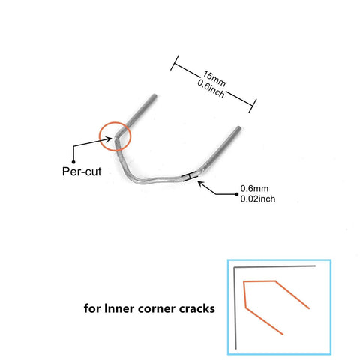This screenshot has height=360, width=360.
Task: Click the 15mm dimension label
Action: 214,78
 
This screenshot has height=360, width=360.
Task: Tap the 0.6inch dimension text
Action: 211,88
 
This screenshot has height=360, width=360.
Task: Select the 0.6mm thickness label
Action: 254,188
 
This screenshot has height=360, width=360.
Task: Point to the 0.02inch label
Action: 258,199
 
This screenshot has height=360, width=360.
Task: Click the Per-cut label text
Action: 82,172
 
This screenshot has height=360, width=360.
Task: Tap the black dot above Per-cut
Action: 73,162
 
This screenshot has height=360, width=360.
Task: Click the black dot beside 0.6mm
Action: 237,194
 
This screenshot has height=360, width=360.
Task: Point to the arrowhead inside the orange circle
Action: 109,139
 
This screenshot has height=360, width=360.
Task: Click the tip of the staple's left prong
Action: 155,95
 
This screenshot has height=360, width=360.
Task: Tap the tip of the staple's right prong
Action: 239,127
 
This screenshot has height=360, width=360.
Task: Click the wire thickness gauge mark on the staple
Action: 190,176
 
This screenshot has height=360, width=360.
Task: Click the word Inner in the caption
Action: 119,308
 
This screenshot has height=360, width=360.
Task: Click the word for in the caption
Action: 92,308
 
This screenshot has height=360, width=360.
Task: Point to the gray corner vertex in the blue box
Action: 235,268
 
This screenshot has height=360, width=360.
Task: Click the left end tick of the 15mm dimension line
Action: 174,63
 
